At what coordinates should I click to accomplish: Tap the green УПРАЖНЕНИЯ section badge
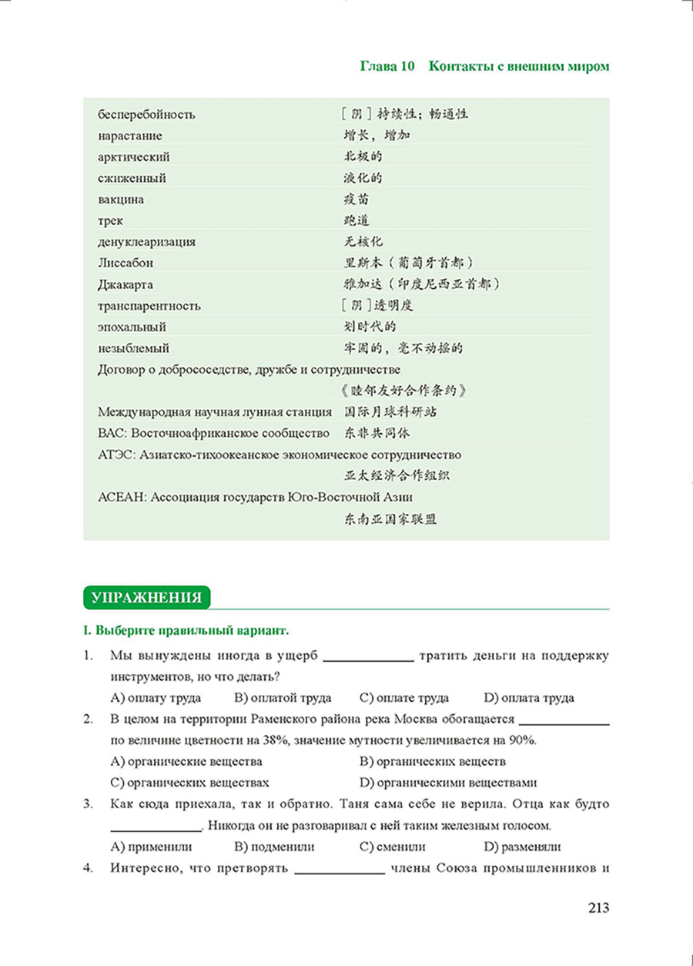(146, 597)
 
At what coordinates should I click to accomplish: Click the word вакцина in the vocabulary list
(122, 200)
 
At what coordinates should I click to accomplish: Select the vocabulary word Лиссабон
(127, 263)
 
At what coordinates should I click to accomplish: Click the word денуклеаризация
(147, 242)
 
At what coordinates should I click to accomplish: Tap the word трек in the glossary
(112, 220)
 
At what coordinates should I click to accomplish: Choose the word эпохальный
(133, 327)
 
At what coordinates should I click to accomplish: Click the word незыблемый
(134, 348)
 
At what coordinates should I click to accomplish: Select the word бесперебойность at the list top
(147, 115)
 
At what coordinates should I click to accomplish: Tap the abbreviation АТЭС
(115, 454)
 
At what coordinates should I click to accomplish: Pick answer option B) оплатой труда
(282, 698)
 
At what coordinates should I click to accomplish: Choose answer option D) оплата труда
(529, 698)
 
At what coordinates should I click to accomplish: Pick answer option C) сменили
(392, 847)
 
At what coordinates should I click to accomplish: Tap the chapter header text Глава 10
(387, 66)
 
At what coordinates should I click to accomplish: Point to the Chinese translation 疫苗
(357, 200)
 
